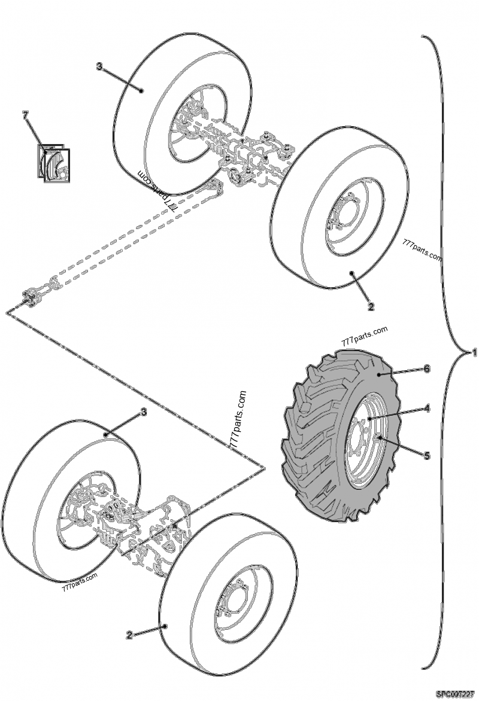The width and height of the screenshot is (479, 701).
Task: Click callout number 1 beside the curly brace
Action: point(474,353)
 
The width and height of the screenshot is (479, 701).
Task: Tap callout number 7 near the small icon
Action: point(25,115)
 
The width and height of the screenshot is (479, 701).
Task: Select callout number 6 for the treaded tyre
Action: point(427,369)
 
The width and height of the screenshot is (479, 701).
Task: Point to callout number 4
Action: point(427,409)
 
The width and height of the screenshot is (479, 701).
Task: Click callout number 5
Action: point(427,455)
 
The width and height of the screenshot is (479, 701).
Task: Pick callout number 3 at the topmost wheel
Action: point(99,66)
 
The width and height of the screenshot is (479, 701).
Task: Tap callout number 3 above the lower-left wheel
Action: point(143,412)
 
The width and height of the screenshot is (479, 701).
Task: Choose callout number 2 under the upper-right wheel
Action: point(371,307)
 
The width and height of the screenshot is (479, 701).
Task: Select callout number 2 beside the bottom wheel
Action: point(129,635)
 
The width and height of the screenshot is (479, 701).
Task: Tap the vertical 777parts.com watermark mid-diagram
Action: point(238,419)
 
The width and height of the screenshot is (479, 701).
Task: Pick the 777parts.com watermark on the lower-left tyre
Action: point(79,581)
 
